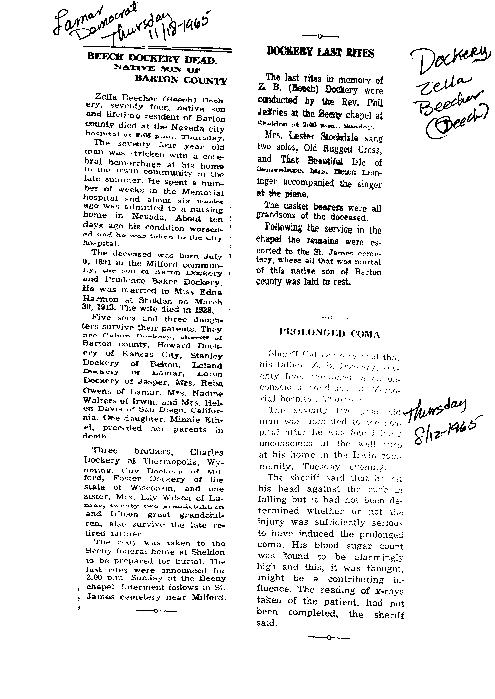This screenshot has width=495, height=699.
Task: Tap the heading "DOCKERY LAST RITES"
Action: [x=320, y=52]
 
